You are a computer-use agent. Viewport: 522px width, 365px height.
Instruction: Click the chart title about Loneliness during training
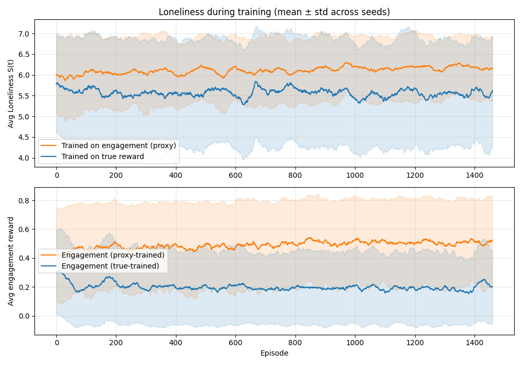(274, 12)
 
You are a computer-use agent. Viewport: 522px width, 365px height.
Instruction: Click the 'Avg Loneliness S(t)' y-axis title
(11, 93)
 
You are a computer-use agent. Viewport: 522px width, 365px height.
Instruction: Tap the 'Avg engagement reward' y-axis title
(11, 261)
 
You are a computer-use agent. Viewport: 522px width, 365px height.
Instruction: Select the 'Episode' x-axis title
(274, 353)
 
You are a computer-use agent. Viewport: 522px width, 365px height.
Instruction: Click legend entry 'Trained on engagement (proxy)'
(118, 145)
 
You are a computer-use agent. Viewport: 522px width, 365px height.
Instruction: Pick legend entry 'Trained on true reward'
(102, 156)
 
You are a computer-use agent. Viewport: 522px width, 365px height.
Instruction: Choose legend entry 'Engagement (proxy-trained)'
(113, 255)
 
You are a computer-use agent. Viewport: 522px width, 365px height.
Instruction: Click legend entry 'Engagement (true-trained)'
(110, 266)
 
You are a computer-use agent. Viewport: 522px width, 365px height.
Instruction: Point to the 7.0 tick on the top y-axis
(25, 34)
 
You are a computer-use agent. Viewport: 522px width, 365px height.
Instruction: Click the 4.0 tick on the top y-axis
(25, 158)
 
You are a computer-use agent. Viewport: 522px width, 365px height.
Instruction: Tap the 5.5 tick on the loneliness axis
(25, 96)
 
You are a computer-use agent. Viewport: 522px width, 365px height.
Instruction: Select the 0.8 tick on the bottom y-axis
(25, 201)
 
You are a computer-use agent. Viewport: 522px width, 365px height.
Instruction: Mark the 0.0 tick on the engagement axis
(25, 316)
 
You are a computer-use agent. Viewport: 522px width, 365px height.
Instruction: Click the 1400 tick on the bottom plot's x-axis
(474, 343)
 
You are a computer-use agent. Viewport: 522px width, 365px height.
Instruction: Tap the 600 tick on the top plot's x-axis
(236, 175)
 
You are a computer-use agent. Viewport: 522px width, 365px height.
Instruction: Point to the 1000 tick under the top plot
(355, 175)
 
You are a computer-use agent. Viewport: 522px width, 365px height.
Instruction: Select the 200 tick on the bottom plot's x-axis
(116, 343)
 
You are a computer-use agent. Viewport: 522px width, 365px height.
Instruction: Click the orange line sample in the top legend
(50, 145)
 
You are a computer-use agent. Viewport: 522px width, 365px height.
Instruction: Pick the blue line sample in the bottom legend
(50, 266)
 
